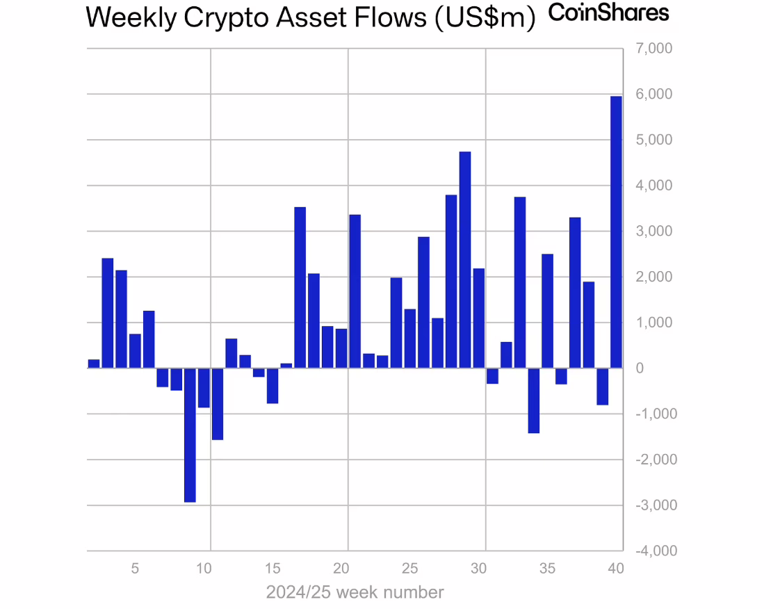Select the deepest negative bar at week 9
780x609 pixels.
coord(190,435)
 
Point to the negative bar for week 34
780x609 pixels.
coord(534,400)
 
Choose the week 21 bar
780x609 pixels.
coord(355,291)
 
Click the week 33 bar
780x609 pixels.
coord(520,282)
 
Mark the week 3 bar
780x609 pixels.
coord(108,313)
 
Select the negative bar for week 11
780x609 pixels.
coord(218,404)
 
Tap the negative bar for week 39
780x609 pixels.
coord(603,387)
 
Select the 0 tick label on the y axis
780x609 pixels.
coord(640,368)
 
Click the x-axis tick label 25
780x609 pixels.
coord(409,569)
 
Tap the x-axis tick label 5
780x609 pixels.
coord(135,569)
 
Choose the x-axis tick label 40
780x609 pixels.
coord(615,569)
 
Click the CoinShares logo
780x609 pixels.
coord(608,13)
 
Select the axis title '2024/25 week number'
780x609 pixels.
coord(355,592)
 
